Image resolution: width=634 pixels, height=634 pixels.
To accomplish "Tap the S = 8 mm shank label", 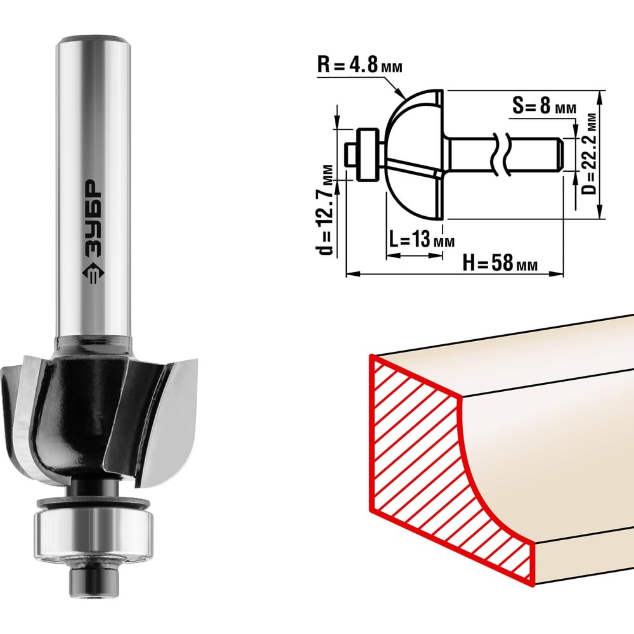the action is pyautogui.click(x=544, y=107).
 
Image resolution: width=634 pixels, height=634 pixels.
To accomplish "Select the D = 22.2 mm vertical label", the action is pyautogui.click(x=590, y=153).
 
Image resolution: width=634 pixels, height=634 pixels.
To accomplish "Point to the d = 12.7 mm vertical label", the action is pyautogui.click(x=325, y=209).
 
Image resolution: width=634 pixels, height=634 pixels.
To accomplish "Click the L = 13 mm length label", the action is pyautogui.click(x=422, y=240).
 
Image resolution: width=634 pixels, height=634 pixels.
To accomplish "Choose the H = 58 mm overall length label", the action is pyautogui.click(x=500, y=264).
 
